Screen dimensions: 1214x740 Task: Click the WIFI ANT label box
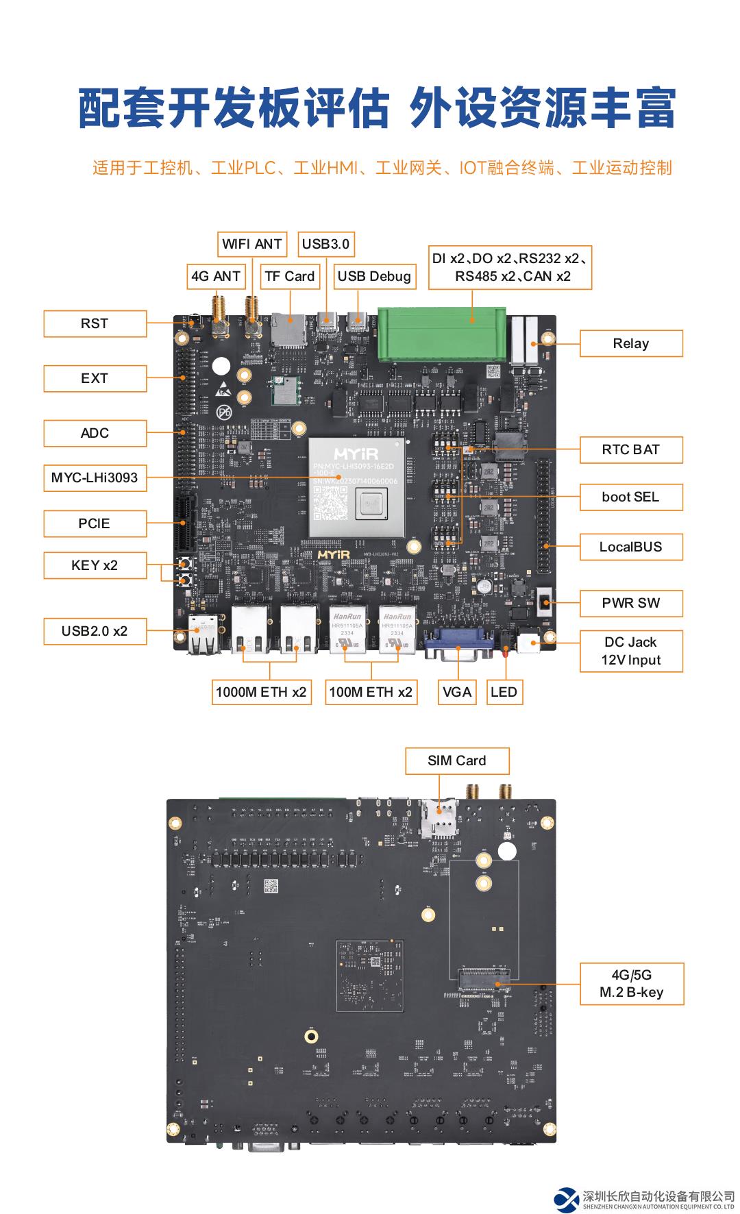coord(252,244)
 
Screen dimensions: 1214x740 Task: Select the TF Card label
coord(289,276)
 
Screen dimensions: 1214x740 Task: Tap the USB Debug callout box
coord(374,276)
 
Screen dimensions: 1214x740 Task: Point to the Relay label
coord(631,343)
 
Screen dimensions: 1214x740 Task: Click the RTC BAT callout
coord(631,449)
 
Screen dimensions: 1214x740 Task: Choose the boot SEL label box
coord(631,497)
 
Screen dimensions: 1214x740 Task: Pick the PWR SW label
coord(631,603)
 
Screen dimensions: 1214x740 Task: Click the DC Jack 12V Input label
coord(631,651)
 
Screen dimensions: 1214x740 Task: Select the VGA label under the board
coord(457,692)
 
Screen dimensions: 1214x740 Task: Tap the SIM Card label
coord(457,760)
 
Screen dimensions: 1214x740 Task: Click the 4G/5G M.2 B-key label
coord(631,983)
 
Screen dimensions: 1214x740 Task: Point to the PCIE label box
coord(95,523)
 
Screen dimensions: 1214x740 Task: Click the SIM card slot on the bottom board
coord(439,817)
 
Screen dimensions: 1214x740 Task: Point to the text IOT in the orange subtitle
coord(473,168)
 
